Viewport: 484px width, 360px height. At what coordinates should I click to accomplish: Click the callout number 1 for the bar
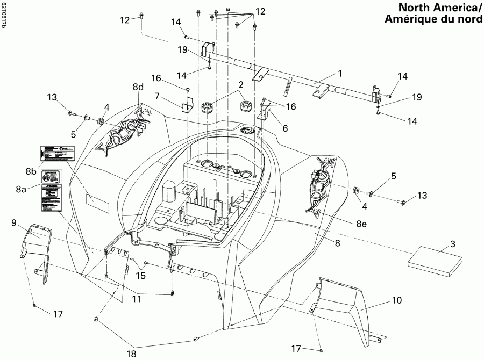[339, 72]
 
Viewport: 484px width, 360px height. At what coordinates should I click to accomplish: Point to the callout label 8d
[139, 87]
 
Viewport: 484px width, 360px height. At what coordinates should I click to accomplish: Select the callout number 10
[396, 301]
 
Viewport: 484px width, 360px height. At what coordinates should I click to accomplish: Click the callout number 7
[158, 95]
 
